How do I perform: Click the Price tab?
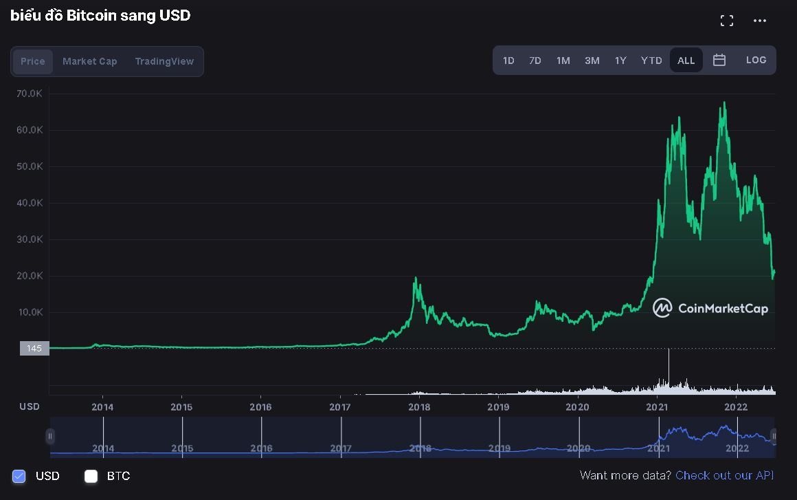tap(33, 61)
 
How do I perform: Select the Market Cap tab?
tap(90, 61)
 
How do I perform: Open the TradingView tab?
tap(164, 61)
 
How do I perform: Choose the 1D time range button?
tap(508, 61)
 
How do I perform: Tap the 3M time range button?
tap(592, 61)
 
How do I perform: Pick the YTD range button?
tap(651, 61)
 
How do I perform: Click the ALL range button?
tap(686, 61)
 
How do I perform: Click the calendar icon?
tap(719, 60)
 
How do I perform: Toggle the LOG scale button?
tap(756, 60)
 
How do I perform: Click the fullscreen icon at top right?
tap(727, 21)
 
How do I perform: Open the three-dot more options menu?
tap(760, 21)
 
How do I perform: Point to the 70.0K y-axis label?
tap(30, 94)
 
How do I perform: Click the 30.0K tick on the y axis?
tap(30, 239)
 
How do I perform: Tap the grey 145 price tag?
tap(34, 349)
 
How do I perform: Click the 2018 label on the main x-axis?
tap(419, 406)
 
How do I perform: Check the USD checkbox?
tap(19, 476)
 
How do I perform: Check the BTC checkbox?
tap(91, 476)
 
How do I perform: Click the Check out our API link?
tap(725, 475)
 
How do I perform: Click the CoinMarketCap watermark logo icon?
tap(662, 308)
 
